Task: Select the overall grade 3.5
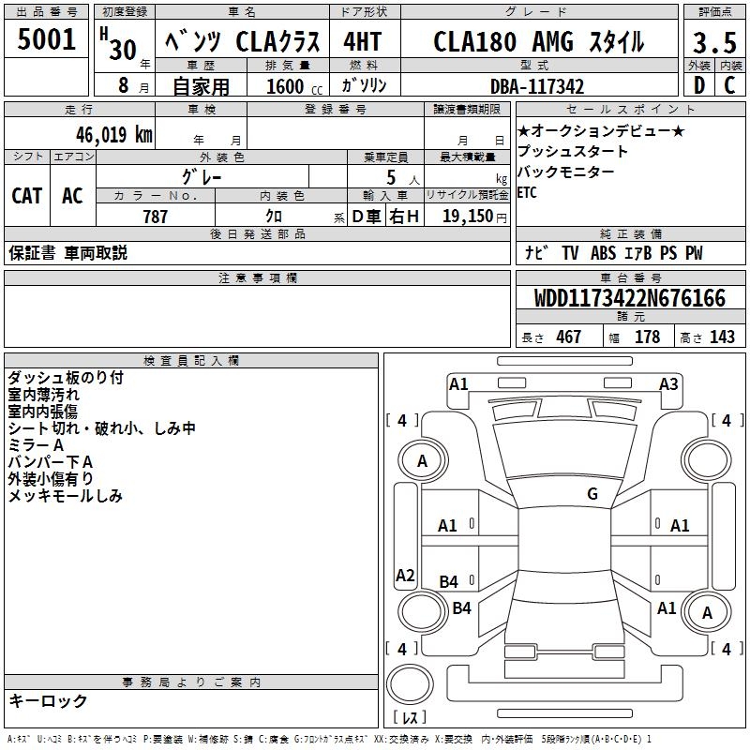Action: pos(713,43)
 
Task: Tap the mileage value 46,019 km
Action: pos(102,133)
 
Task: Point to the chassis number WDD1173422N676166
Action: pos(630,299)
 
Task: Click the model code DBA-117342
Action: pos(537,86)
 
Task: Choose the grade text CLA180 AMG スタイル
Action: pos(538,42)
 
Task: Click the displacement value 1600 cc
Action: pos(286,86)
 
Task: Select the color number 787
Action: pos(155,217)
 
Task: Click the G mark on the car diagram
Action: pos(592,494)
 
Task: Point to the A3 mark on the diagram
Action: pos(668,383)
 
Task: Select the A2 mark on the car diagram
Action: pos(405,576)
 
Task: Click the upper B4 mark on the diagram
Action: pos(449,582)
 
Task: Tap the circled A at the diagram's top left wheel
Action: pos(422,460)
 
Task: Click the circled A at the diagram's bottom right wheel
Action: pos(707,612)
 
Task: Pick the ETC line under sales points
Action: pos(529,193)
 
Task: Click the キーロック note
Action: pos(48,700)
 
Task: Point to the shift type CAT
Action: pos(26,195)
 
